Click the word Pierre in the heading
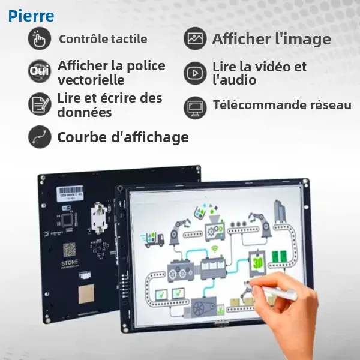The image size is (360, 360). tap(31, 16)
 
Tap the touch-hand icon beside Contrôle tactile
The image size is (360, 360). tap(40, 40)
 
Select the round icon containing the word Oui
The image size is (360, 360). tap(40, 72)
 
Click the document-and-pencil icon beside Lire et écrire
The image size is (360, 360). tap(40, 104)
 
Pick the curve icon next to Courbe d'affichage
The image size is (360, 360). tap(40, 137)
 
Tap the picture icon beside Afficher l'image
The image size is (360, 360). tap(195, 40)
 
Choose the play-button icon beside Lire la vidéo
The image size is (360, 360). tap(195, 73)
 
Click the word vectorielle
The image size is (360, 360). tap(91, 80)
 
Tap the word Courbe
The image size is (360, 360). tap(78, 137)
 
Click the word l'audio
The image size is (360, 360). tap(234, 80)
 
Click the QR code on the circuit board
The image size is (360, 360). tap(70, 248)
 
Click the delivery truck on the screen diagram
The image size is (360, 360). tap(154, 238)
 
